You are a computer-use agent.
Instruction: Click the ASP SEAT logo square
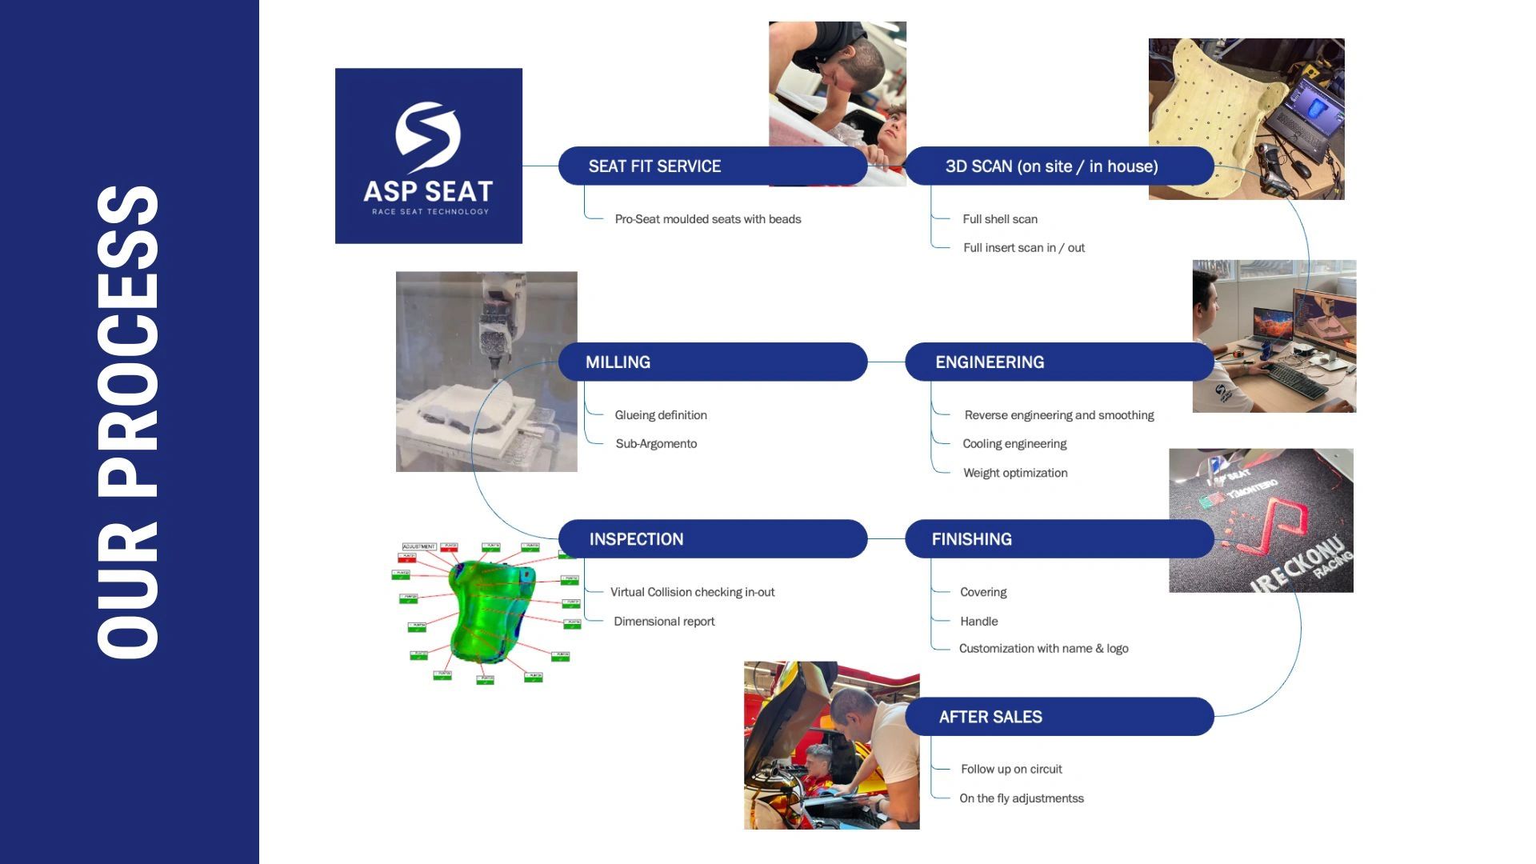428,156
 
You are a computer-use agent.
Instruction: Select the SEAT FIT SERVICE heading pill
712,166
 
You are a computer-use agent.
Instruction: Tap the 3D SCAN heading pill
1058,166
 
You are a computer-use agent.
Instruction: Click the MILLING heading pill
712,362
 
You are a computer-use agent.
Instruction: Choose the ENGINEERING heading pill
1058,362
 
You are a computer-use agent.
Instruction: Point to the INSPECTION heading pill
712,539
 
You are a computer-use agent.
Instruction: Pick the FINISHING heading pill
1058,539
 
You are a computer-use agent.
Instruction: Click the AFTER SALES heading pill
1058,717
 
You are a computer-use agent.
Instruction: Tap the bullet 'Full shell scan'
1000,219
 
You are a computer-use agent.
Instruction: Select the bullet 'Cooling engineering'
1014,444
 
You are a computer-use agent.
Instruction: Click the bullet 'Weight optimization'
1015,473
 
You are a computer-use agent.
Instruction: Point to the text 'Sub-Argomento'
656,444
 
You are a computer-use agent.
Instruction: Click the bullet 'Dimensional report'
664,622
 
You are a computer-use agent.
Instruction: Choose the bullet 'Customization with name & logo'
1043,649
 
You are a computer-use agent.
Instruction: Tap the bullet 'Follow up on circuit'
1011,770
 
